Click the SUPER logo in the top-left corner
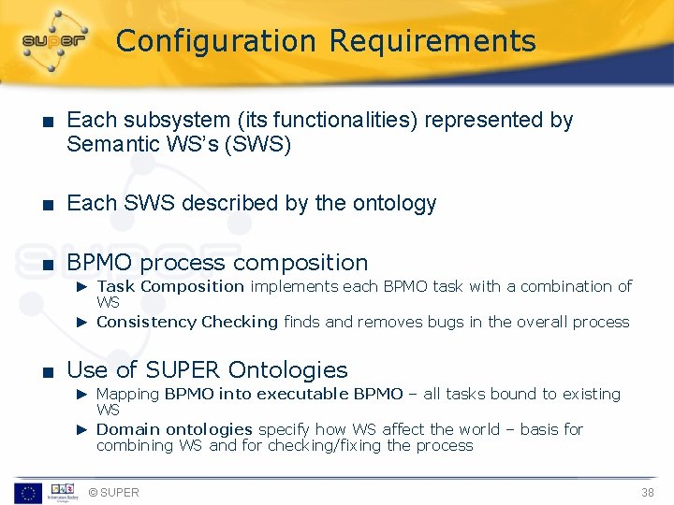pos(54,39)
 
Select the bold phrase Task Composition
pos(170,286)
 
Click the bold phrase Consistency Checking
pos(187,322)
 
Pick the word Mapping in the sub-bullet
pos(127,394)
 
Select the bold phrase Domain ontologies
pos(174,429)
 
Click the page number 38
pos(647,492)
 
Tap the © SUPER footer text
pos(112,492)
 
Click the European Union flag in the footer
pos(27,492)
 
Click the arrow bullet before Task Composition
pos(81,286)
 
